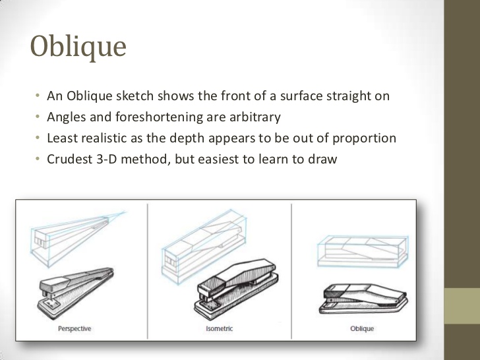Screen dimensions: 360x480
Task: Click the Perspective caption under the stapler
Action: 74,328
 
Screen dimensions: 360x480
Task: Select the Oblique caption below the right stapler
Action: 362,328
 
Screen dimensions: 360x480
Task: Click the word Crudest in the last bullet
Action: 71,160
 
